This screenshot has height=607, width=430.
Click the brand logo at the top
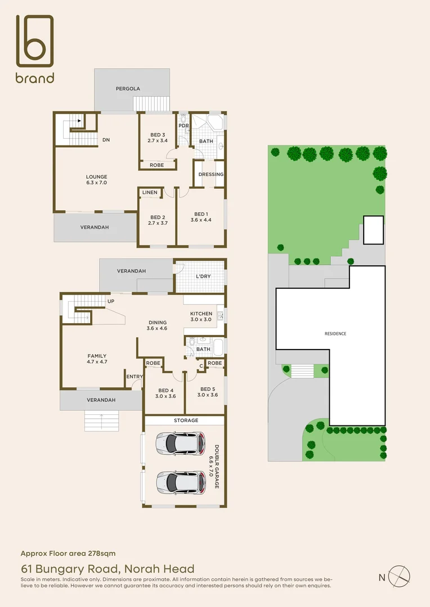[35, 49]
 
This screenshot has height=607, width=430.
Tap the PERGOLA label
[128, 89]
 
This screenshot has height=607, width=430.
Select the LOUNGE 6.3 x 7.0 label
[96, 180]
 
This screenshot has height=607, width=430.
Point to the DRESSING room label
[211, 174]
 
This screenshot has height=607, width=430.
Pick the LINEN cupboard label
[150, 193]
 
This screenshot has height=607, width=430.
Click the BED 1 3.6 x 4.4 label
[202, 217]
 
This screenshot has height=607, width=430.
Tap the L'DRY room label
[203, 275]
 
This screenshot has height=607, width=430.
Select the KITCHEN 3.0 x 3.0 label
[201, 316]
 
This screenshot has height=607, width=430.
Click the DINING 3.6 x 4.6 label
[157, 325]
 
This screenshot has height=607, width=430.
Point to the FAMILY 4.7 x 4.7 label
[97, 359]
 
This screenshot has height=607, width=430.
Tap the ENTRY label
[134, 377]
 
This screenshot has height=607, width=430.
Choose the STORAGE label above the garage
[186, 420]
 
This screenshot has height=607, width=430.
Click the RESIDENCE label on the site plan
[335, 334]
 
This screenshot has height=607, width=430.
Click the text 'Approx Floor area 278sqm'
[68, 553]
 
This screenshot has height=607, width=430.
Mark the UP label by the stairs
[111, 301]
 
